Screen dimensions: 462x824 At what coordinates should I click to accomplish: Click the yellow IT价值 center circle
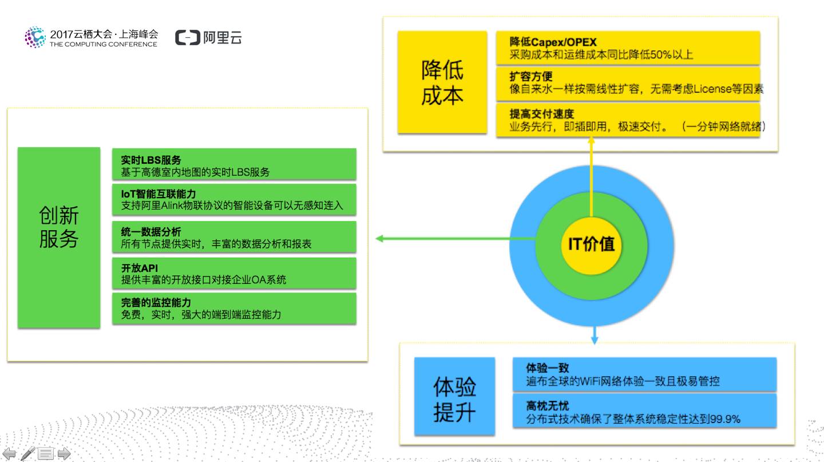pyautogui.click(x=591, y=244)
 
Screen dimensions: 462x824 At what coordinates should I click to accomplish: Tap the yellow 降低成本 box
pyautogui.click(x=442, y=82)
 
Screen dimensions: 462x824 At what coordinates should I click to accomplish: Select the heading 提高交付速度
pyautogui.click(x=541, y=113)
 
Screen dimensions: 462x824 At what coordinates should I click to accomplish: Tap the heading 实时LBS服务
pyautogui.click(x=151, y=160)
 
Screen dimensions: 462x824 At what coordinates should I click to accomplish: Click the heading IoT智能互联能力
pyautogui.click(x=159, y=194)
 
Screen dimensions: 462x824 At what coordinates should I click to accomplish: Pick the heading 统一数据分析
pyautogui.click(x=151, y=231)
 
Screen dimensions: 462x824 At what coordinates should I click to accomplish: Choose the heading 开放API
pyautogui.click(x=140, y=268)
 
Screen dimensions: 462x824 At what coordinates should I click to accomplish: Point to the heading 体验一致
pyautogui.click(x=547, y=368)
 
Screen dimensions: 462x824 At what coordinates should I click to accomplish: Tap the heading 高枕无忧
pyautogui.click(x=547, y=406)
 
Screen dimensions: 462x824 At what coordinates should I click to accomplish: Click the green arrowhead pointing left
pyautogui.click(x=379, y=238)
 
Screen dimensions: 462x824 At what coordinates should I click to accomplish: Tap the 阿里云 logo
pyautogui.click(x=208, y=38)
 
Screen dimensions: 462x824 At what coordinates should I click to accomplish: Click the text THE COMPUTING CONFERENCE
pyautogui.click(x=103, y=44)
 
